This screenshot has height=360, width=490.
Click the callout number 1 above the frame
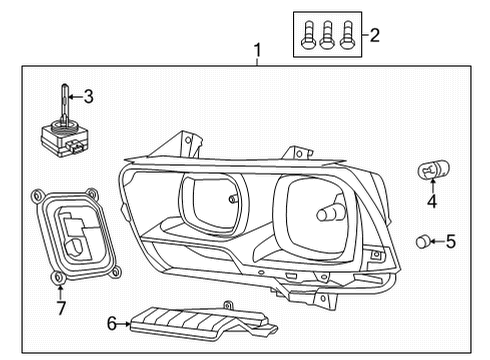[x=257, y=50]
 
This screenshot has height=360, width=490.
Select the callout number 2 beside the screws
[x=375, y=36]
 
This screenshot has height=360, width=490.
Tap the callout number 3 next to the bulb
[x=89, y=97]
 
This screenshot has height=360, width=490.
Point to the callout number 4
[x=432, y=202]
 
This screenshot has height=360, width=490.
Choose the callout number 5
[x=451, y=241]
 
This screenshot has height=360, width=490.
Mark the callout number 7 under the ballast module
[x=62, y=308]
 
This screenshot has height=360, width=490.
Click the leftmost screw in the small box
[x=308, y=35]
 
